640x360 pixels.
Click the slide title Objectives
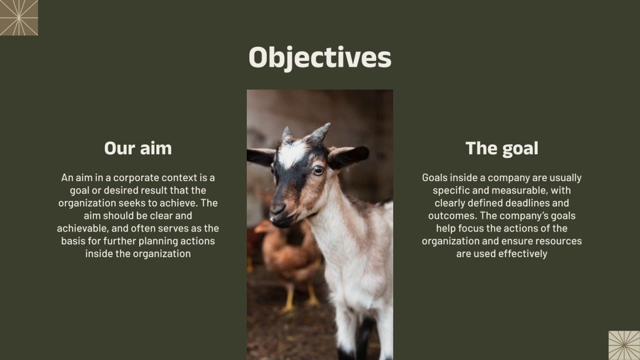coord(320,57)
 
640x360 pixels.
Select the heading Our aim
coord(138,148)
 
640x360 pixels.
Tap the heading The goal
coord(502,148)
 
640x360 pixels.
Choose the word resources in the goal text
coord(559,241)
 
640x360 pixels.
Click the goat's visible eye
coord(318,170)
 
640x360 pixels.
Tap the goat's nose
coord(278,209)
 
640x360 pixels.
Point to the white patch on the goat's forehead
coord(292,153)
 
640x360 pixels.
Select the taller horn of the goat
coord(320,132)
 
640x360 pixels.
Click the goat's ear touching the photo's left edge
coord(259,156)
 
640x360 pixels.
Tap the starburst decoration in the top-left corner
coord(19,18)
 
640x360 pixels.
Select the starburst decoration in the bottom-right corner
coord(624,345)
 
